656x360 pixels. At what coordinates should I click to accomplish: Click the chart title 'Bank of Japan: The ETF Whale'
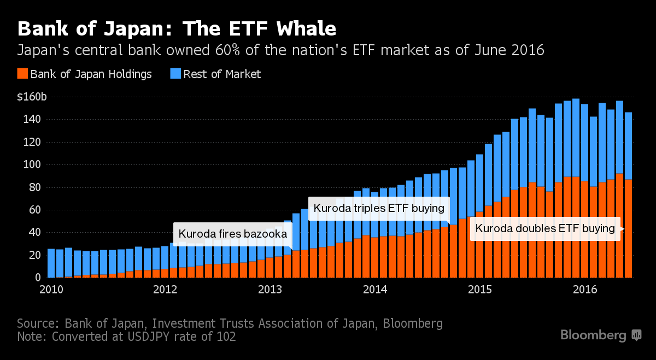[177, 28]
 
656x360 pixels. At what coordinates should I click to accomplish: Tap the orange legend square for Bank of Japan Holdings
[22, 74]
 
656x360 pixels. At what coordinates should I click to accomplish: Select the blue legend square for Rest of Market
[175, 74]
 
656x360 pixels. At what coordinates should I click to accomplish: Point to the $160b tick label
[32, 97]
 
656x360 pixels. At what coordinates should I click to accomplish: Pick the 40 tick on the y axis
[33, 232]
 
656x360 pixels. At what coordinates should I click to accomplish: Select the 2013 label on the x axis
[268, 289]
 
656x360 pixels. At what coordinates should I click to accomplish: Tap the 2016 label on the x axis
[585, 289]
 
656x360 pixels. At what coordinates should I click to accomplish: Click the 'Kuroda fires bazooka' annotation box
[232, 234]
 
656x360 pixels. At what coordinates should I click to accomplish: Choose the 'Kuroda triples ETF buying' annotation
[379, 208]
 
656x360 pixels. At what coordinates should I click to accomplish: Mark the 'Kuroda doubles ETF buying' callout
[545, 228]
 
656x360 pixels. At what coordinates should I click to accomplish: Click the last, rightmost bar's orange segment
[628, 229]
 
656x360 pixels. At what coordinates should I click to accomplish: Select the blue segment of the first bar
[51, 262]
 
